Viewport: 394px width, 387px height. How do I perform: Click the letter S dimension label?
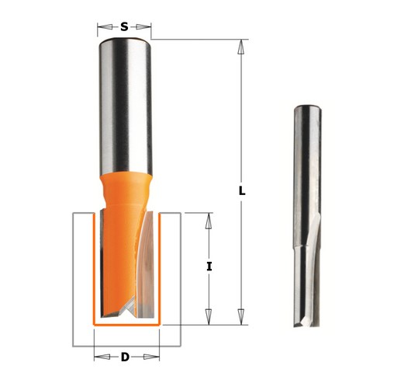124,26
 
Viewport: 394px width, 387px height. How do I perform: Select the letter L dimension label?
242,191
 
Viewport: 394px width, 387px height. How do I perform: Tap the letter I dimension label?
209,267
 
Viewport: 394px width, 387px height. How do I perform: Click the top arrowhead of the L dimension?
241,47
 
